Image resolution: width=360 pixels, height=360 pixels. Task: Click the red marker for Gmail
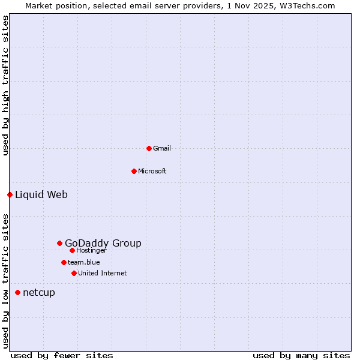click(x=149, y=148)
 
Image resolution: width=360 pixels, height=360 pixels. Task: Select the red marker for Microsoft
click(x=134, y=171)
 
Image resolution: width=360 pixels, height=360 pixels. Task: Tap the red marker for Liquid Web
click(x=10, y=194)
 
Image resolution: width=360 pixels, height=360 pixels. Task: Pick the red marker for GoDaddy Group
click(x=59, y=243)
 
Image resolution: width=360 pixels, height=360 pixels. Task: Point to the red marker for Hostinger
click(x=72, y=250)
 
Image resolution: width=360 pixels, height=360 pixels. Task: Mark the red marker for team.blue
click(x=64, y=262)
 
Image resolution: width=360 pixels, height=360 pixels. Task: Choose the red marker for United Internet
click(x=74, y=273)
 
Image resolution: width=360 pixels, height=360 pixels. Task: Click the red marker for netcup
click(x=17, y=292)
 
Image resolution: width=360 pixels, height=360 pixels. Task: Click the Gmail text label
click(x=162, y=148)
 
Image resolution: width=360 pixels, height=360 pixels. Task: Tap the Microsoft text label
click(x=152, y=171)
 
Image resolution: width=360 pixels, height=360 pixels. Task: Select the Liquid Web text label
click(x=41, y=194)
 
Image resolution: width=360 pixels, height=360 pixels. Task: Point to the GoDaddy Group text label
click(x=103, y=243)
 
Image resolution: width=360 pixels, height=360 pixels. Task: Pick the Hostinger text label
click(x=92, y=250)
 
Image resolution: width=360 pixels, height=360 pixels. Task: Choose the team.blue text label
click(x=84, y=262)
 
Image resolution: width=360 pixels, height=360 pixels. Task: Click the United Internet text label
click(x=103, y=273)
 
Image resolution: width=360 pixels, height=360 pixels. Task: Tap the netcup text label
click(x=39, y=292)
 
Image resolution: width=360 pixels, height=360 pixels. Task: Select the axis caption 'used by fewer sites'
click(x=62, y=355)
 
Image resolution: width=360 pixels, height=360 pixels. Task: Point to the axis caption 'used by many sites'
click(x=301, y=355)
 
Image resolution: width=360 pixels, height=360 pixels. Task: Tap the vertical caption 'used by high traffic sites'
click(x=5, y=85)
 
